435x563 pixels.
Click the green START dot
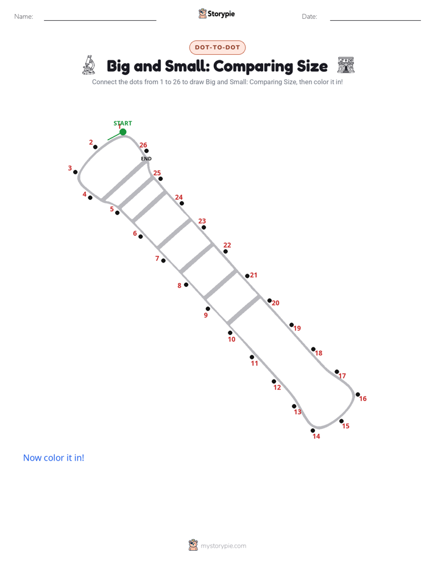point(122,132)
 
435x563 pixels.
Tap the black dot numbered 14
point(313,431)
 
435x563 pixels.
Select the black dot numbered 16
point(358,395)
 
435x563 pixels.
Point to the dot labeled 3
point(76,172)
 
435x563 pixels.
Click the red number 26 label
point(143,145)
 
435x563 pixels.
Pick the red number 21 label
point(253,275)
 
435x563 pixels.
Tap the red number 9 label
point(206,315)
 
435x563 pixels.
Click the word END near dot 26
point(146,158)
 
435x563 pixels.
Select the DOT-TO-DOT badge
point(217,48)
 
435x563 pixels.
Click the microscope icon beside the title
point(89,65)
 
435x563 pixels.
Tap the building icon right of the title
point(346,65)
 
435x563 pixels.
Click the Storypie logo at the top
point(217,13)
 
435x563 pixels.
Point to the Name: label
point(24,16)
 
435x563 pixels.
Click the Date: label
point(309,16)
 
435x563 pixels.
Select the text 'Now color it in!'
point(54,458)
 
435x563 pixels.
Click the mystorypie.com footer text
point(223,546)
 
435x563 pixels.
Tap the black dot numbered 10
point(230,333)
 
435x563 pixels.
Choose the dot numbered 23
point(204,227)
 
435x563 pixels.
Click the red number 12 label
point(277,388)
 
